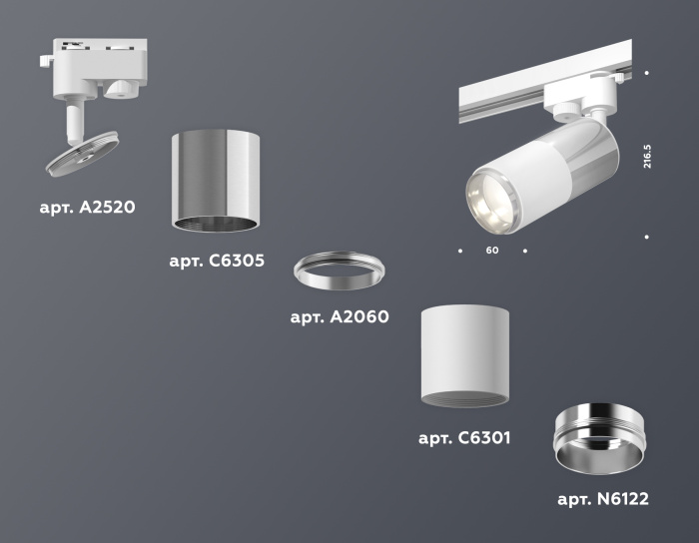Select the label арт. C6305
pos(217,262)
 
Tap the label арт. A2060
pos(339,317)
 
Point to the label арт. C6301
pos(464,437)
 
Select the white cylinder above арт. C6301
pos(464,354)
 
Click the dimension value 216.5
pos(647,157)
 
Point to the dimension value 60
pos(492,250)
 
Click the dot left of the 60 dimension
pos(459,250)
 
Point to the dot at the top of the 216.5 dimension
pos(647,73)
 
